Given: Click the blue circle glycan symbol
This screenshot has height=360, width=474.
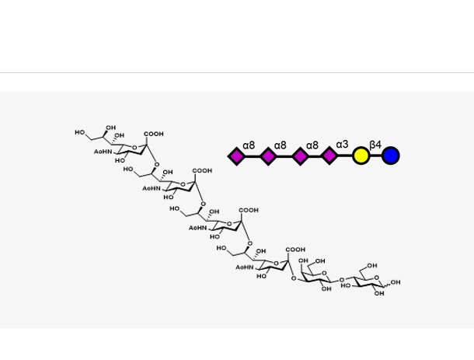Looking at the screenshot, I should point(390,156).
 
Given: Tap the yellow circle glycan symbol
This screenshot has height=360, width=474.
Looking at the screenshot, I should point(361,156).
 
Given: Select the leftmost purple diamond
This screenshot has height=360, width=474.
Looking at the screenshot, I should point(237,156).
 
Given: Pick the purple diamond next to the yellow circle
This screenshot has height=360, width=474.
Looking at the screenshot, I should point(329,156).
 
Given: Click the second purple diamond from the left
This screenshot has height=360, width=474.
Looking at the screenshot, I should point(268,156).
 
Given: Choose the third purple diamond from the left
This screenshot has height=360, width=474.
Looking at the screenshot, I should point(299,156).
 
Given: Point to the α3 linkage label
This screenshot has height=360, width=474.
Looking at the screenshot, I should point(343,145).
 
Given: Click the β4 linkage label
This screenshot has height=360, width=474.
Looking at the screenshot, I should point(375,145).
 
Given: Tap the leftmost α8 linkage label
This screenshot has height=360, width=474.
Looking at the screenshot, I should point(249,145).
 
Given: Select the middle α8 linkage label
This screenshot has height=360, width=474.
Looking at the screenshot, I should point(281,145).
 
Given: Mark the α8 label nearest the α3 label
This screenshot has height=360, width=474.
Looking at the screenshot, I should point(312,145).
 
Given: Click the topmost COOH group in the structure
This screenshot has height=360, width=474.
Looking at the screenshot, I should point(154,135).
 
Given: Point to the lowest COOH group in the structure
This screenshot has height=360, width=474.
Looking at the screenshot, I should point(295,250).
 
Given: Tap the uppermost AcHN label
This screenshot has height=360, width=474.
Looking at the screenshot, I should point(103,151).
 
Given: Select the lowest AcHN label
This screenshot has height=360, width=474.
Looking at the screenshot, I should point(245,267).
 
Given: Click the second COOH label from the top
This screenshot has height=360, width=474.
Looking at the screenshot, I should point(201,170).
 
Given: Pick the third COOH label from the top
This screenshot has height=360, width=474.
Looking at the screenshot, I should point(249,210).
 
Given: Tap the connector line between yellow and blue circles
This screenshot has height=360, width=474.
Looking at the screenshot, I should point(375,156).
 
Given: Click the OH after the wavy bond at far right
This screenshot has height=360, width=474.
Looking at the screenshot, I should point(396,282).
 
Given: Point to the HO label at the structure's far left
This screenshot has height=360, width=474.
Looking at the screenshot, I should point(80,133).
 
